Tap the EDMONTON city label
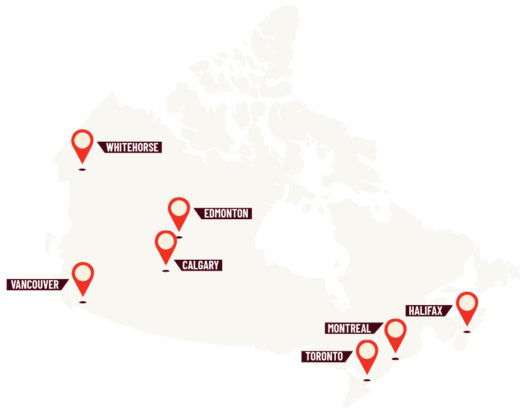(x=226, y=214)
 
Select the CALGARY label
(x=200, y=265)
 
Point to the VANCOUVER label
(x=35, y=285)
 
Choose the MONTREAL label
(x=350, y=329)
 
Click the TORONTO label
(x=325, y=357)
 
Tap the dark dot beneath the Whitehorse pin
(x=82, y=170)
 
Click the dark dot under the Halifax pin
(x=467, y=331)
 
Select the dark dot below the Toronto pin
(x=367, y=380)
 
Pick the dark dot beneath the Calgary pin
(x=165, y=271)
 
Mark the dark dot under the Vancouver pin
(x=83, y=302)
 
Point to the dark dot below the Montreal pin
(x=396, y=359)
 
